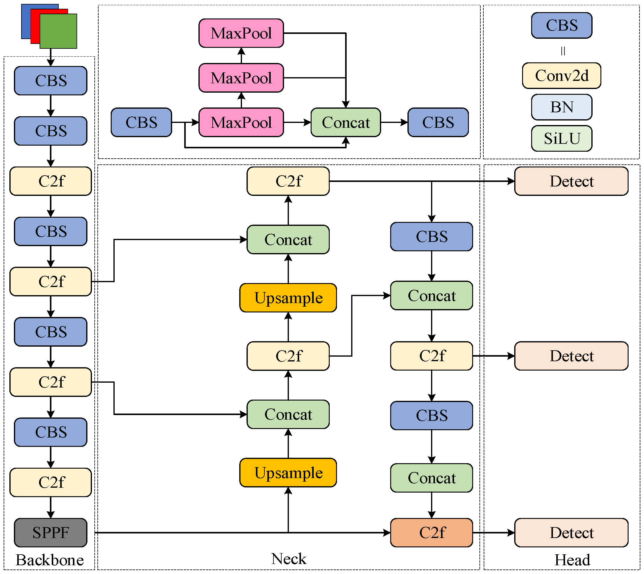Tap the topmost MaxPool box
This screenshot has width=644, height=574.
pyautogui.click(x=241, y=33)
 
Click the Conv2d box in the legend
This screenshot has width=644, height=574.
pyautogui.click(x=561, y=76)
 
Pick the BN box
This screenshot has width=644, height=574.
pyautogui.click(x=561, y=107)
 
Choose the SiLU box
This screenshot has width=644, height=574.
pyautogui.click(x=561, y=138)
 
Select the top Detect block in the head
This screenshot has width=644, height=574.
pyautogui.click(x=571, y=181)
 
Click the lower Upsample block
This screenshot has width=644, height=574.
pyautogui.click(x=288, y=473)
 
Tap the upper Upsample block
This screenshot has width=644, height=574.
pyautogui.click(x=288, y=298)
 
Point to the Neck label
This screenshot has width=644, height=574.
pyautogui.click(x=288, y=559)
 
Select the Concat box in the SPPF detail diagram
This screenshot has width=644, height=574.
pyautogui.click(x=346, y=122)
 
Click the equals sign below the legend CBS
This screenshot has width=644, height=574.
pyautogui.click(x=563, y=51)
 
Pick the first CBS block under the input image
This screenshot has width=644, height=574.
pyautogui.click(x=51, y=81)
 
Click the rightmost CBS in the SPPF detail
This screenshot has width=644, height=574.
pyautogui.click(x=438, y=122)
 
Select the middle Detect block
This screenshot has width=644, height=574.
pyautogui.click(x=571, y=356)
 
